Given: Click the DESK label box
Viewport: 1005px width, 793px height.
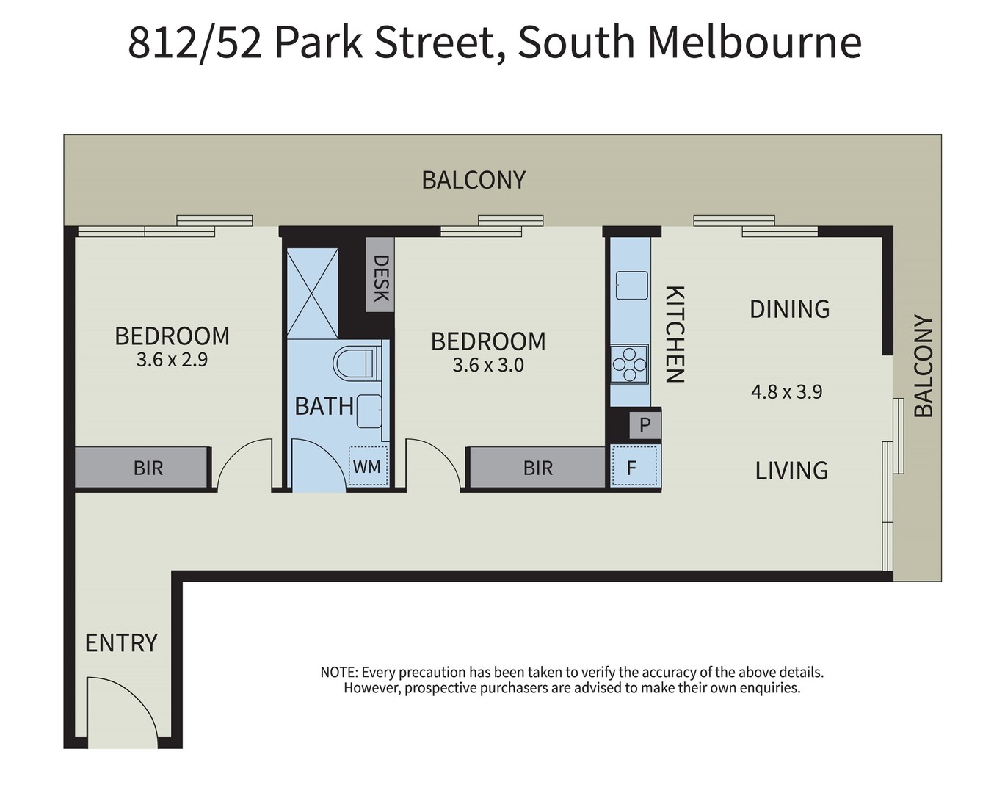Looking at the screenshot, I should (x=380, y=277).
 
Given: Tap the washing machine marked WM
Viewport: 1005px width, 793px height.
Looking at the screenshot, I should (x=367, y=466).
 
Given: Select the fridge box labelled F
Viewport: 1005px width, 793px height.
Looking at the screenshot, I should (x=631, y=467).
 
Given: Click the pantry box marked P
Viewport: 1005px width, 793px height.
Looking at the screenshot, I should (x=645, y=424).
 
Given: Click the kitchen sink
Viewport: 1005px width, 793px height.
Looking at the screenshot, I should (x=631, y=286).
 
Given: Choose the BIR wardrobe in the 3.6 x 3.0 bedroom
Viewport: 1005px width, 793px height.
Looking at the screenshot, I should (x=537, y=468).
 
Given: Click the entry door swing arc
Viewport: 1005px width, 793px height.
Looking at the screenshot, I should (x=121, y=709).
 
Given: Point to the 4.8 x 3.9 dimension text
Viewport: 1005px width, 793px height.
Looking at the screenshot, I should (x=786, y=391).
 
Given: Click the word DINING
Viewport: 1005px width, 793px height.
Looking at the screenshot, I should (x=789, y=309).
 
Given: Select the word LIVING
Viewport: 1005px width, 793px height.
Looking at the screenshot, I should (x=791, y=471).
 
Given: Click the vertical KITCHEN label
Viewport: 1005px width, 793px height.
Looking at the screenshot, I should (x=675, y=334).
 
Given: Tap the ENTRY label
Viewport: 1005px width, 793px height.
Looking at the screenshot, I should (x=121, y=643).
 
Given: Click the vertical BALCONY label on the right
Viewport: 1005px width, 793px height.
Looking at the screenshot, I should (x=923, y=366).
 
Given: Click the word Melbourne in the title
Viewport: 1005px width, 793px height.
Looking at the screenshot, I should (x=754, y=43).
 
